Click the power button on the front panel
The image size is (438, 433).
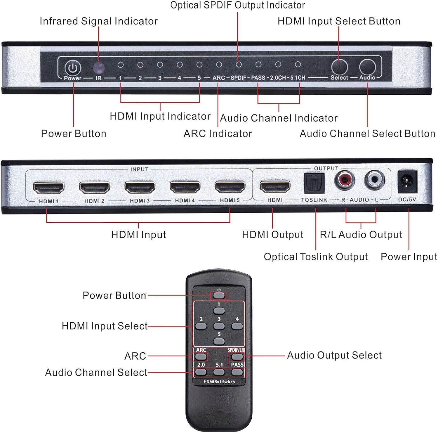pos(73,68)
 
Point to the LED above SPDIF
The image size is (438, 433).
pos(239,65)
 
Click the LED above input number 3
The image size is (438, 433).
pos(160,65)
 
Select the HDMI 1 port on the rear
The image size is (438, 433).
pos(48,188)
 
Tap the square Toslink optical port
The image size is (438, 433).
pos(314,183)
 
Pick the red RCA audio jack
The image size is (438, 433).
pos(345,180)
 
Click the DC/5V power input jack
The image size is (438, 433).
pos(407,182)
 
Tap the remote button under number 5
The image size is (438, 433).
pos(219,341)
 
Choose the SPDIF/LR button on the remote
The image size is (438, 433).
pos(237,356)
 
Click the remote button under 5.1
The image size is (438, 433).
pos(219,372)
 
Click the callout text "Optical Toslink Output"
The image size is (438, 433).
pos(316,257)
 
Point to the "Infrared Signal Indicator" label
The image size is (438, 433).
pos(99,21)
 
